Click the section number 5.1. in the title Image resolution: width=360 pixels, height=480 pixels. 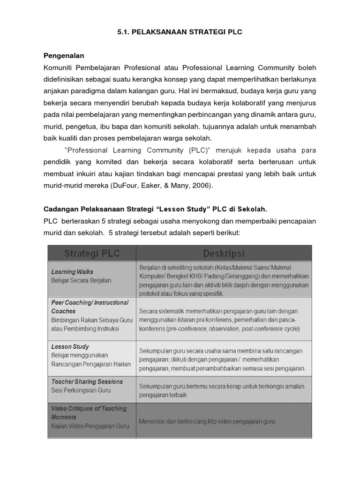point(122,31)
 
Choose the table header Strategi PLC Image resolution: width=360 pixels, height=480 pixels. point(92,254)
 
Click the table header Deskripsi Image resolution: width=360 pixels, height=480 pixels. point(224,254)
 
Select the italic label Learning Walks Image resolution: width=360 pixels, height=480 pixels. point(72,272)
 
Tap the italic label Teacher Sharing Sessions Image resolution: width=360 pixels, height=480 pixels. point(87,382)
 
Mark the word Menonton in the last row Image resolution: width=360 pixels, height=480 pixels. point(153,421)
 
